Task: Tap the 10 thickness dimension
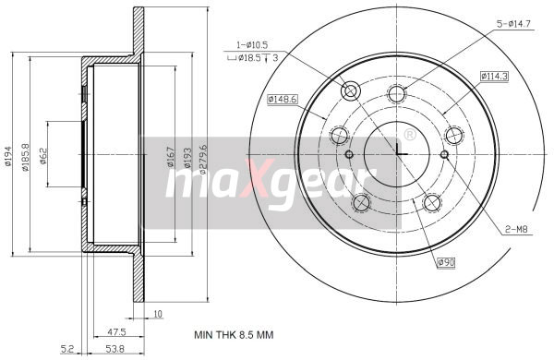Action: [x=158, y=315]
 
